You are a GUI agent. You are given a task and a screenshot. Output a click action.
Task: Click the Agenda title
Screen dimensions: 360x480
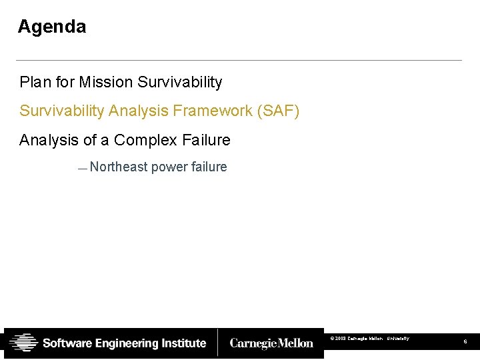(52, 27)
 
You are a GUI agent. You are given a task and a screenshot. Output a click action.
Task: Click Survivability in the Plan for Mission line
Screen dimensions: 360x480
(179, 82)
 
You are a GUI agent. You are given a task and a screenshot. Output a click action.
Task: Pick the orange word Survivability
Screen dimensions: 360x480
(62, 111)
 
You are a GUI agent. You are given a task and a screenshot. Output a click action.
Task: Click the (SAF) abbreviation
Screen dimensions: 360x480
(278, 111)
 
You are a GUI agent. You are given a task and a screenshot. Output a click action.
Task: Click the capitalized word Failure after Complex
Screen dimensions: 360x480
(206, 140)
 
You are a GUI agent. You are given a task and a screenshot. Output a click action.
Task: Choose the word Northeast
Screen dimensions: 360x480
(119, 167)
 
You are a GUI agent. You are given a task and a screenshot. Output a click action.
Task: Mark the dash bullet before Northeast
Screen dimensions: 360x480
(82, 169)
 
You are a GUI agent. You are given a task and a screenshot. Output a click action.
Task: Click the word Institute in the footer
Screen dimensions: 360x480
(184, 343)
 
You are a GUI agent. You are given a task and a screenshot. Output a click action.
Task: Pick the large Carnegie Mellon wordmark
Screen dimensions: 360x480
(271, 343)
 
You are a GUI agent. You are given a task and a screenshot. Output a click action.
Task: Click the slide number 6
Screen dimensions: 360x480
(465, 342)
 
